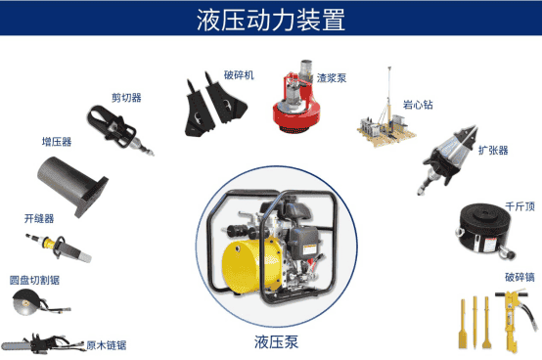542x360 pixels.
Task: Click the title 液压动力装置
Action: [x=271, y=20]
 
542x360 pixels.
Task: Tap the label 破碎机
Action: [x=239, y=75]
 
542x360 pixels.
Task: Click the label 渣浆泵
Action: [x=332, y=78]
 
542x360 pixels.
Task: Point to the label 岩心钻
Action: [x=418, y=105]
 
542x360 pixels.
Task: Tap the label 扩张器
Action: [x=493, y=151]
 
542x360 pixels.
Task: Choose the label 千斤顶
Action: [x=519, y=206]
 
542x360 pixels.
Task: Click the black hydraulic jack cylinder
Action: [x=485, y=230]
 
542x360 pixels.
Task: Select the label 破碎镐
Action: [x=519, y=277]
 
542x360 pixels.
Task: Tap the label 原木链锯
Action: [x=106, y=345]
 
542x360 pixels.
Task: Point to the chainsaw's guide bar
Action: [x=17, y=345]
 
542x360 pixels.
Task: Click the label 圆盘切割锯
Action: [x=34, y=280]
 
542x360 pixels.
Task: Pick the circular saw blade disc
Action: [x=25, y=303]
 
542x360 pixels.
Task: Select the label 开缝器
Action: [x=39, y=218]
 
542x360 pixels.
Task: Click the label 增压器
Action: [x=57, y=142]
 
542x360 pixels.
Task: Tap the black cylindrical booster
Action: [x=72, y=186]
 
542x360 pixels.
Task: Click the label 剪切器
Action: [x=126, y=98]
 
